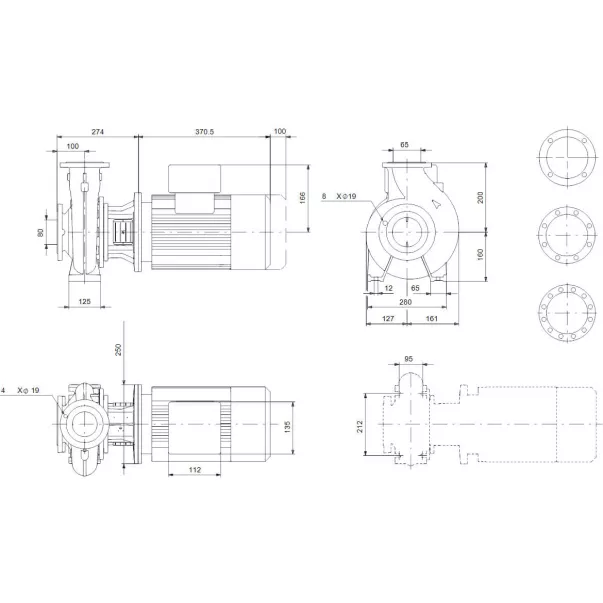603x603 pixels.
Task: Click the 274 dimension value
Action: point(97,132)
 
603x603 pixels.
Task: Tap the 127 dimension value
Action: point(385,321)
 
